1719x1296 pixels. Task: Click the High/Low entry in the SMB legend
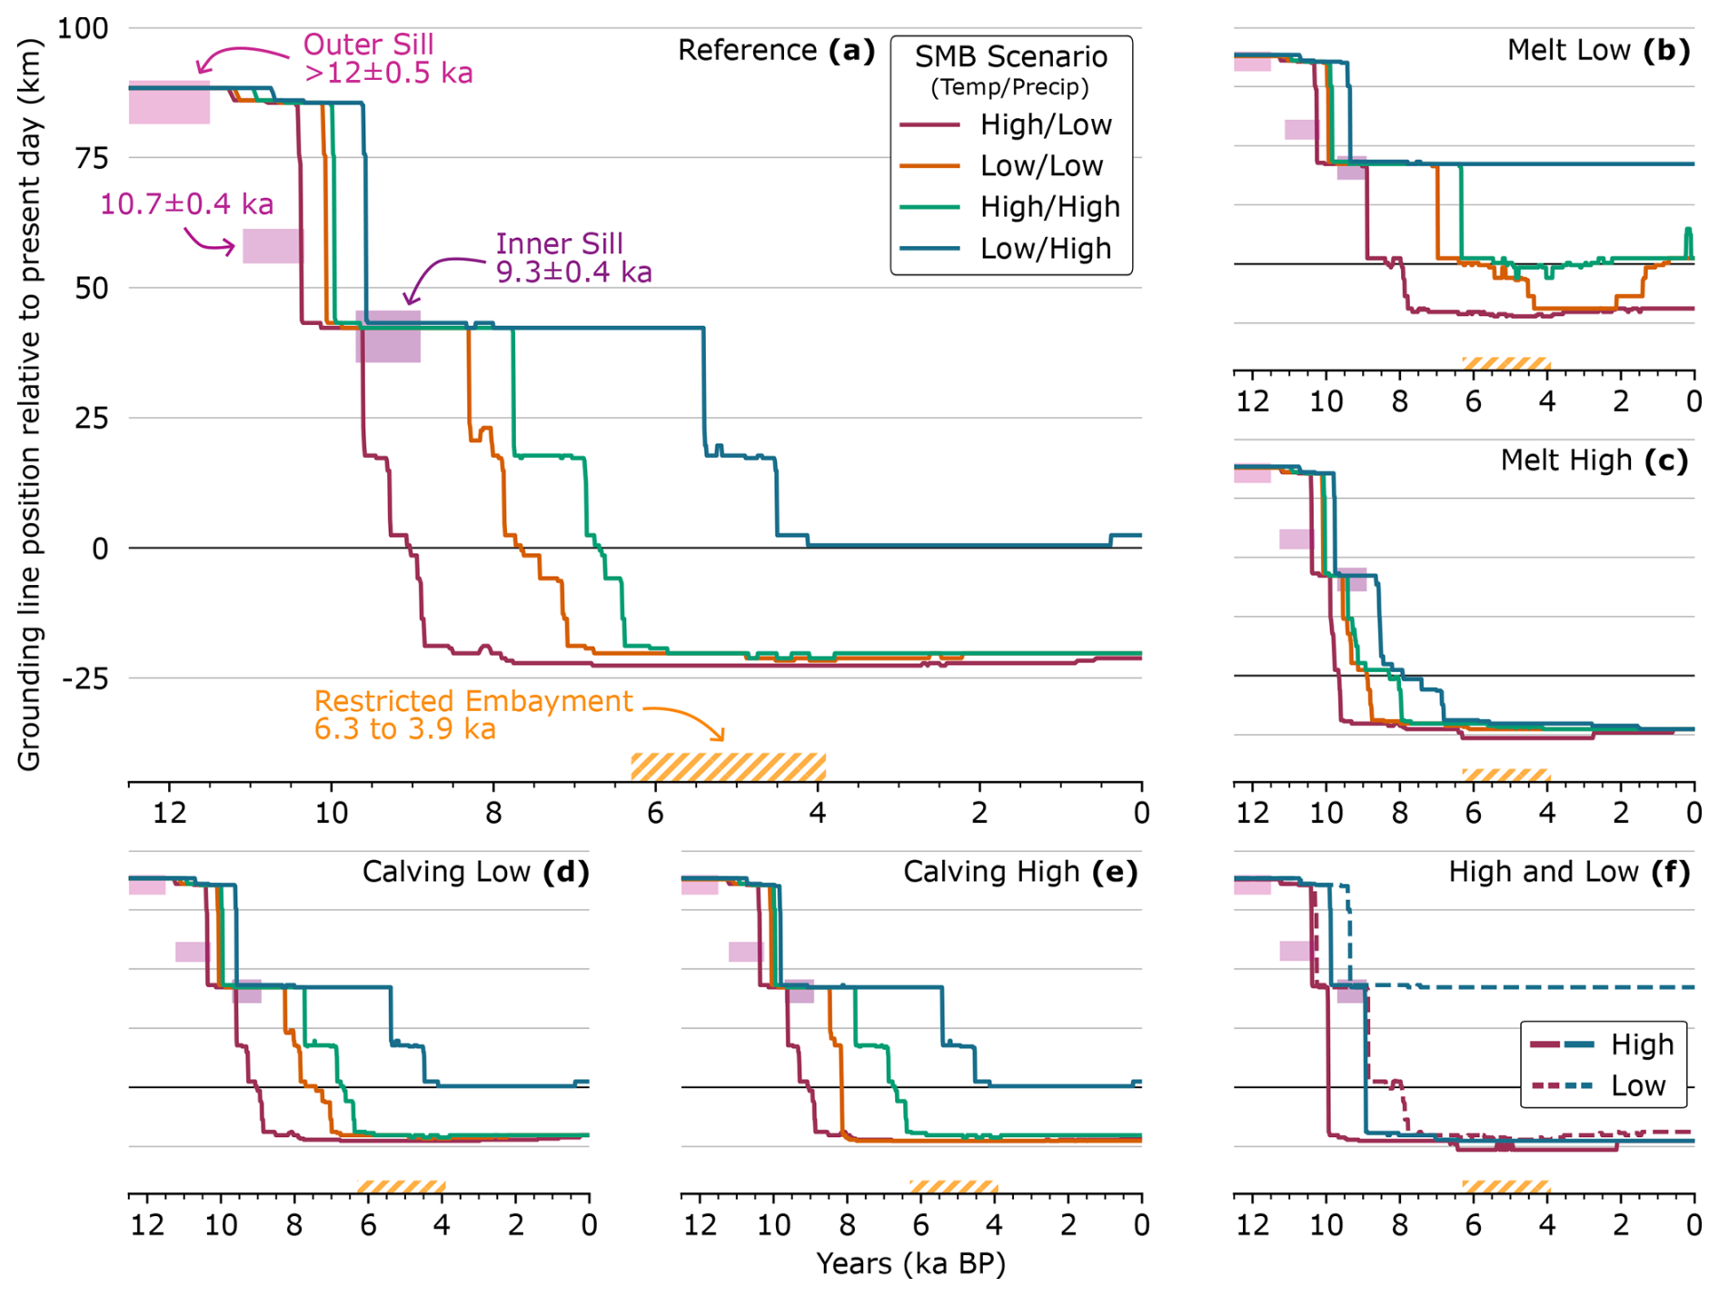1045,124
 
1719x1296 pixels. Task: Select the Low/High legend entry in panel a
1045,248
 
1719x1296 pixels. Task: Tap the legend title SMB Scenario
1010,57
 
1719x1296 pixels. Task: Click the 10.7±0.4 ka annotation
186,203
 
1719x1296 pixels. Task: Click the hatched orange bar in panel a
728,767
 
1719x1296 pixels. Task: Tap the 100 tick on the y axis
83,28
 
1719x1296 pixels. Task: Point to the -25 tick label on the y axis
84,678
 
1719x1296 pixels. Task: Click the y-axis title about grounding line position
29,404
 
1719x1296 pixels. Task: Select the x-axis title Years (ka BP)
910,1263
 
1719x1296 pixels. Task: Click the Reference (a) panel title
776,50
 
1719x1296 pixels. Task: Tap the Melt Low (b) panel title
1597,50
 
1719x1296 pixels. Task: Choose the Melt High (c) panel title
1594,460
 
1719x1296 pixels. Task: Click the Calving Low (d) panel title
475,872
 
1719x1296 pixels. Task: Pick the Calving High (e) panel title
1019,872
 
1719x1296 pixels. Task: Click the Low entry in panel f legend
1637,1085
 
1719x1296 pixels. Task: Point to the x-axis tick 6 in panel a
655,812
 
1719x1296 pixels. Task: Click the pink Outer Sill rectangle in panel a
169,102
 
